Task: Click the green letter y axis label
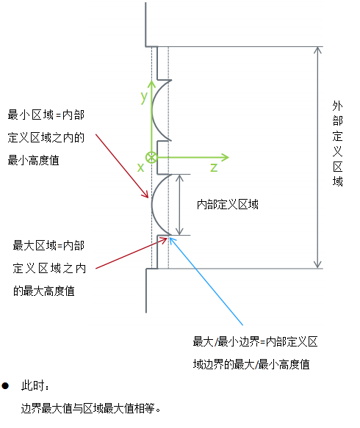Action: tap(144, 98)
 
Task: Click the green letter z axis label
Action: tap(214, 167)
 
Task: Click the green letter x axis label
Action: tap(140, 167)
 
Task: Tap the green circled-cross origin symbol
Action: tap(151, 158)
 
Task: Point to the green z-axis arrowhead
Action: tap(226, 157)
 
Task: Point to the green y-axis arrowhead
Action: tap(151, 84)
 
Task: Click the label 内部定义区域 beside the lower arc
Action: tap(228, 204)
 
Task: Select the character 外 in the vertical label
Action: tap(338, 106)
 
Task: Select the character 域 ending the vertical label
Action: tap(338, 181)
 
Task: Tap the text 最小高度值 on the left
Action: tap(33, 160)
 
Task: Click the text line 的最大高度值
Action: tap(43, 291)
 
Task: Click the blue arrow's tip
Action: tap(170, 238)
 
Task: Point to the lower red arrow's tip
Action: tap(167, 238)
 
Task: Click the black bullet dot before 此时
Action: tap(5, 386)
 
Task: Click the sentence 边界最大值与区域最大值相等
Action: tap(88, 409)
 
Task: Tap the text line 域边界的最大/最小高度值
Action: tap(251, 364)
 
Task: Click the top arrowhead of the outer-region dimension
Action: tap(317, 50)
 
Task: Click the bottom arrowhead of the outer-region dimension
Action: tap(317, 265)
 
